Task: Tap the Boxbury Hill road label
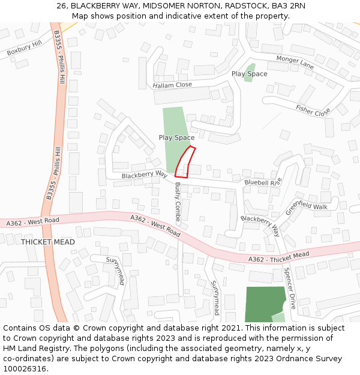(25, 49)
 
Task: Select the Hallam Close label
(172, 85)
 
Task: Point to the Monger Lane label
(295, 61)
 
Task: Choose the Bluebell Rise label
(263, 182)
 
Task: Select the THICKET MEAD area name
(48, 242)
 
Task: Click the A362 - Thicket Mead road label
(278, 257)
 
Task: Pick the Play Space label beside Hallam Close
(249, 74)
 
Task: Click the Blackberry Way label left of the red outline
(144, 174)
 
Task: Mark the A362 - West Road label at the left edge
(33, 222)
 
